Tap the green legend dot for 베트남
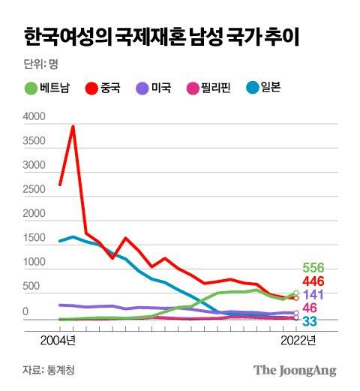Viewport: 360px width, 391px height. click(31, 89)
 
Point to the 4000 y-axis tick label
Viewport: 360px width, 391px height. click(34, 118)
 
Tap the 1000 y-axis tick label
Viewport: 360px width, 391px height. click(34, 262)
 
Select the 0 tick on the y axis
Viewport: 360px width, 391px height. click(25, 311)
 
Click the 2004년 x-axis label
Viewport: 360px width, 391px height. click(57, 340)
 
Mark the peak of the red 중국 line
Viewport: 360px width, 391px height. click(73, 126)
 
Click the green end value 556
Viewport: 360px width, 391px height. click(313, 268)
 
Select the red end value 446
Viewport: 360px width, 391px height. click(313, 281)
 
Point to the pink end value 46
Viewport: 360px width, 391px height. click(309, 308)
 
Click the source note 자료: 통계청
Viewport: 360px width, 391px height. click(49, 370)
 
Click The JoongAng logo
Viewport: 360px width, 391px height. click(294, 370)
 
